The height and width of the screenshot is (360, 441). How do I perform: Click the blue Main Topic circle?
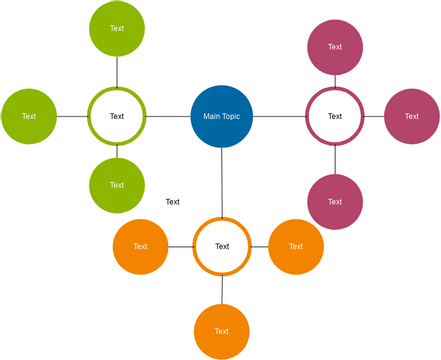tap(222, 116)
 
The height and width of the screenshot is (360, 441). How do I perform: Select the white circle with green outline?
tap(117, 116)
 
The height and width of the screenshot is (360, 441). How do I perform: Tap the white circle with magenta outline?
tap(334, 116)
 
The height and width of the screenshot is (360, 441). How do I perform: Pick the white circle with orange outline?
tap(222, 246)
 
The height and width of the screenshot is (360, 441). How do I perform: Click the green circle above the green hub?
tap(117, 28)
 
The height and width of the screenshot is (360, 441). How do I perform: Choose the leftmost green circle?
tap(29, 116)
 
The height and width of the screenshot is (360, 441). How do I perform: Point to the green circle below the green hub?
tap(117, 185)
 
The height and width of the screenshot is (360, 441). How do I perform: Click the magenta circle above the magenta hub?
tap(334, 46)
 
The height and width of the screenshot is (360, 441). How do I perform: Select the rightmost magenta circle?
tap(412, 116)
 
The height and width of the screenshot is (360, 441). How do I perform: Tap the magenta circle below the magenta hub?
tap(334, 201)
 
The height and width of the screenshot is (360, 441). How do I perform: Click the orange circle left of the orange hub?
tap(140, 246)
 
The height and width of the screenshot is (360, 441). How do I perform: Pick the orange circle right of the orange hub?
tap(296, 246)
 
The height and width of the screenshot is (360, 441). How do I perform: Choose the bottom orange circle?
tap(222, 331)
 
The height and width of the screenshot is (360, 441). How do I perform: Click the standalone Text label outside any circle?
tap(173, 202)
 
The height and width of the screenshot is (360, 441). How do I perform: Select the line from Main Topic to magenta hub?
tap(279, 116)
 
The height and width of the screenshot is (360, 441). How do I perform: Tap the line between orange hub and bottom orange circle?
tap(222, 289)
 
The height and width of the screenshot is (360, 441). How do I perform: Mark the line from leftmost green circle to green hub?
tap(72, 116)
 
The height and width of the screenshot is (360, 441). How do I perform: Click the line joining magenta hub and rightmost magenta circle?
tap(374, 116)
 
